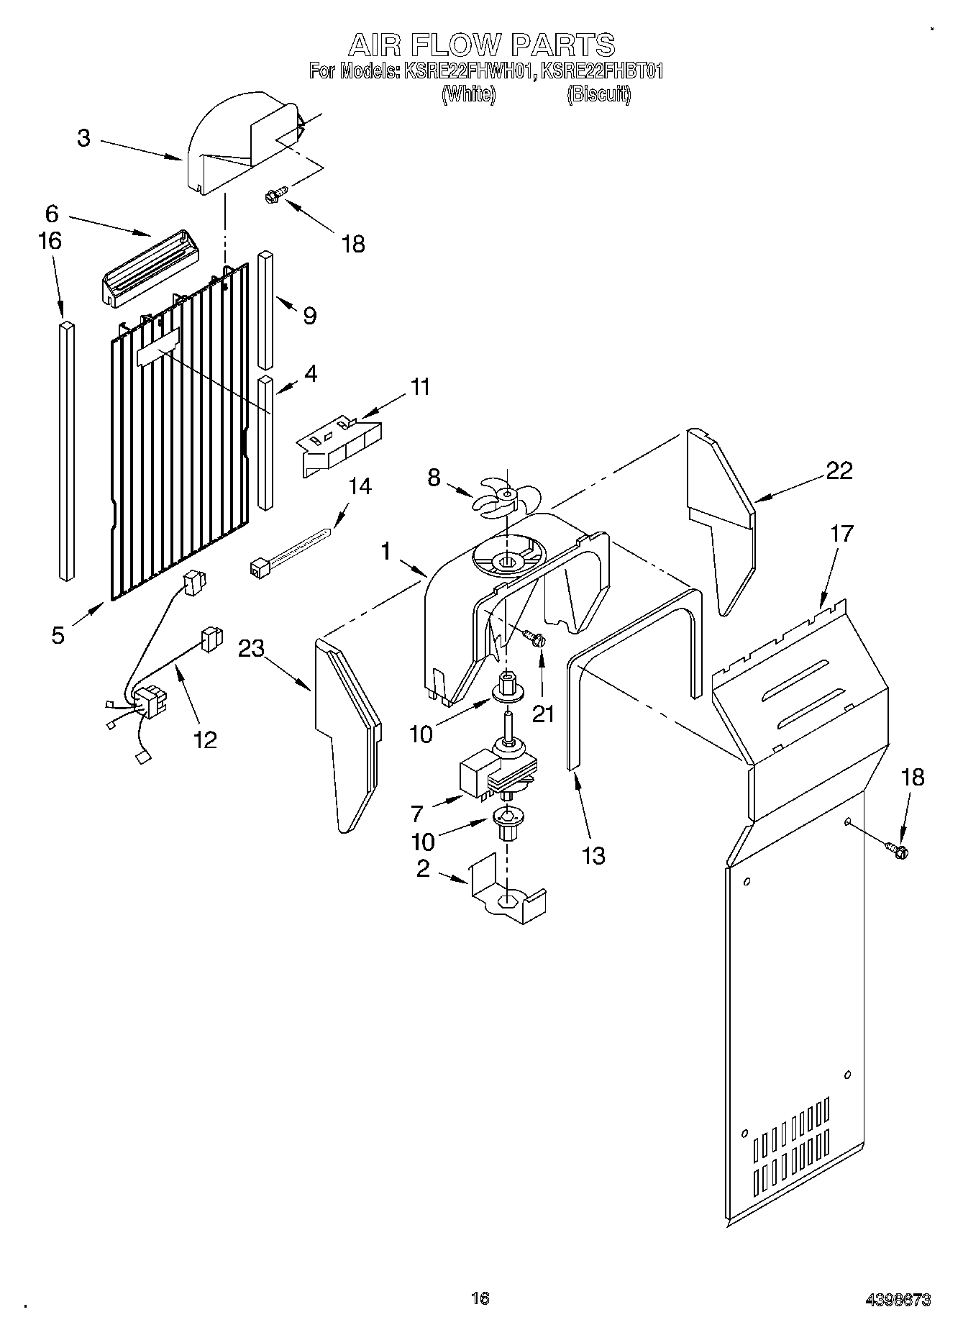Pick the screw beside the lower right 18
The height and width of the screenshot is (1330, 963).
pyautogui.click(x=898, y=850)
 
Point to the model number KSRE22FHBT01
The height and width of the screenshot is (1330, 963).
pyautogui.click(x=601, y=71)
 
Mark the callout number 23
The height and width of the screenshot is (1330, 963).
pyautogui.click(x=252, y=648)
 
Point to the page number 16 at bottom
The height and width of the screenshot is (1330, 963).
pyautogui.click(x=480, y=1298)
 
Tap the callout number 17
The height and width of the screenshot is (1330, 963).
pyautogui.click(x=841, y=534)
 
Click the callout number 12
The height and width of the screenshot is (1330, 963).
pyautogui.click(x=206, y=739)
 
